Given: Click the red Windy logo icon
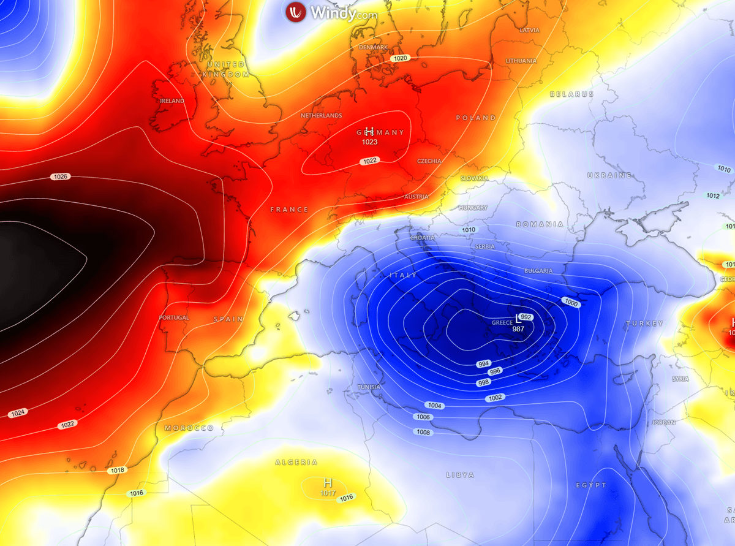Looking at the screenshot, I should pos(296,12).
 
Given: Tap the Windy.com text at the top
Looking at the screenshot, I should pos(343,12).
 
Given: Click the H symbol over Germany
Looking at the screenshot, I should pos(369,131).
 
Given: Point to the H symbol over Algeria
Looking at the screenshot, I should pos(328,483).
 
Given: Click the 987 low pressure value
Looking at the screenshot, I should pos(518,329).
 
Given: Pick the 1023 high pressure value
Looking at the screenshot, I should pos(369,142).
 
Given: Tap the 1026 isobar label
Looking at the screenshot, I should pos(60,176).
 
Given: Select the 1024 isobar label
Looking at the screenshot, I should pos(18,413).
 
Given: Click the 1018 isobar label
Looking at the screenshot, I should pos(117,471).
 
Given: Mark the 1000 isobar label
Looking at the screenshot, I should pos(571,303).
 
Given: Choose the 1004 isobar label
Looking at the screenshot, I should pos(434,406).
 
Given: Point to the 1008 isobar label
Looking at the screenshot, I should pos(423,432).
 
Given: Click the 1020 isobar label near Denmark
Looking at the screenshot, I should pos(401,58).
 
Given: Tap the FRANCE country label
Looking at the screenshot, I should pos(289,210).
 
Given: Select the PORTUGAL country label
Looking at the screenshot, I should pos(174,317).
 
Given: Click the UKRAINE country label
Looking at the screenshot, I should pos(609,175).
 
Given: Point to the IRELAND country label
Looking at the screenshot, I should pos(172,101).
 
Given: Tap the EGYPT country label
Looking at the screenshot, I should pos(590,485).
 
